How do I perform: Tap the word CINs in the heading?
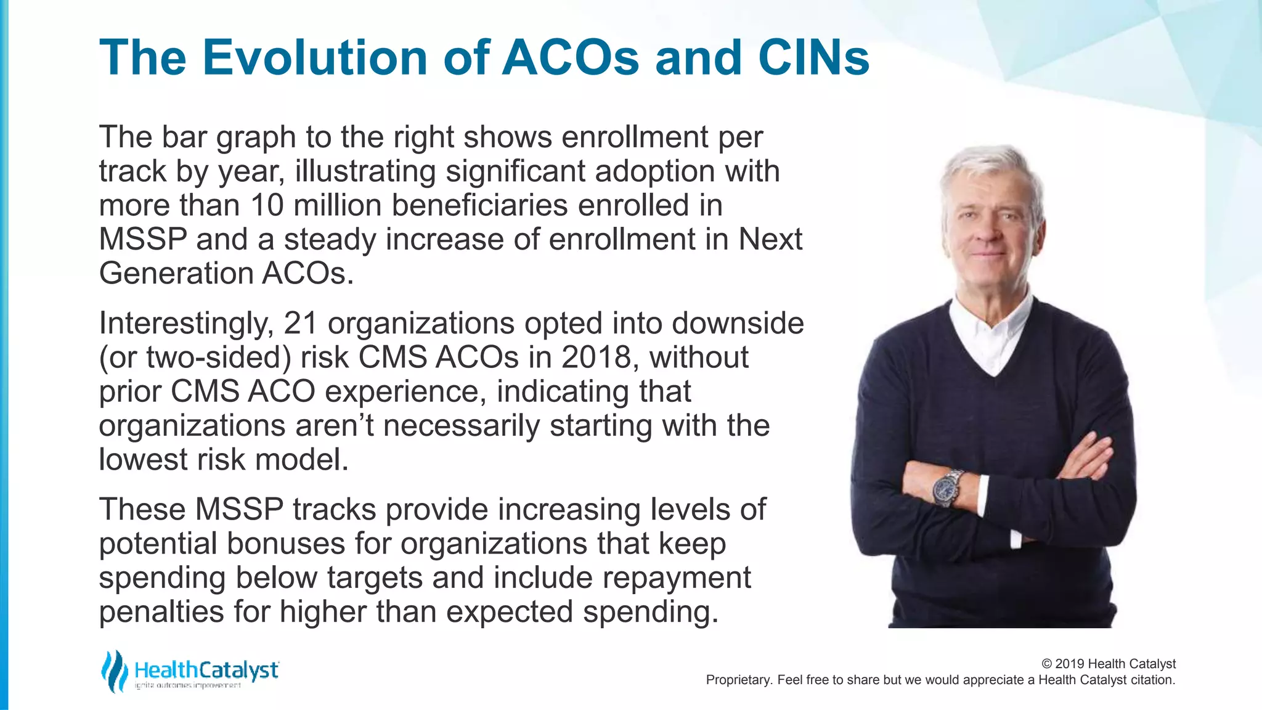(813, 57)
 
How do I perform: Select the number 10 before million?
(267, 205)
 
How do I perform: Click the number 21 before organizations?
(300, 324)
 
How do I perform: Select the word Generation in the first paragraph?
(176, 274)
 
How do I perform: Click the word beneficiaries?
(479, 205)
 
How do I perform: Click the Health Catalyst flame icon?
(114, 671)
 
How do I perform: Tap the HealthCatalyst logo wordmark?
(206, 670)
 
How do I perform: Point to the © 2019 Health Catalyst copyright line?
(1108, 664)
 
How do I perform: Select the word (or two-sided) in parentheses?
(195, 357)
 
